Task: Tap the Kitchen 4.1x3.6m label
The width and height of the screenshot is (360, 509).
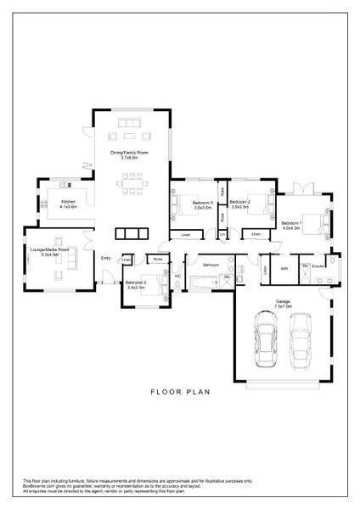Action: tap(68, 204)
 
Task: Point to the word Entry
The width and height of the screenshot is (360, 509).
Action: tap(106, 258)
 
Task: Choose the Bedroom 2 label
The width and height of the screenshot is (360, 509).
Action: tap(239, 204)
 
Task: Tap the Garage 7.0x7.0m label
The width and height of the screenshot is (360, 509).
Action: tap(283, 304)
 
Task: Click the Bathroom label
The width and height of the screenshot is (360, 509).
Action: tap(211, 265)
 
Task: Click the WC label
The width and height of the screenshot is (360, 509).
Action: tap(178, 276)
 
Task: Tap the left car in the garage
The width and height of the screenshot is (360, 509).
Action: tap(266, 339)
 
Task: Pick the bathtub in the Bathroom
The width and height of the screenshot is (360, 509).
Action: tap(203, 280)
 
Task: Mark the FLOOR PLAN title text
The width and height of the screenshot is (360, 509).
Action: tap(179, 392)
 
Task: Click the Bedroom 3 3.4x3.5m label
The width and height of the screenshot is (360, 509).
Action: tap(136, 286)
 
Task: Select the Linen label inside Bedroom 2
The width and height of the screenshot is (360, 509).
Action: tap(256, 233)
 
